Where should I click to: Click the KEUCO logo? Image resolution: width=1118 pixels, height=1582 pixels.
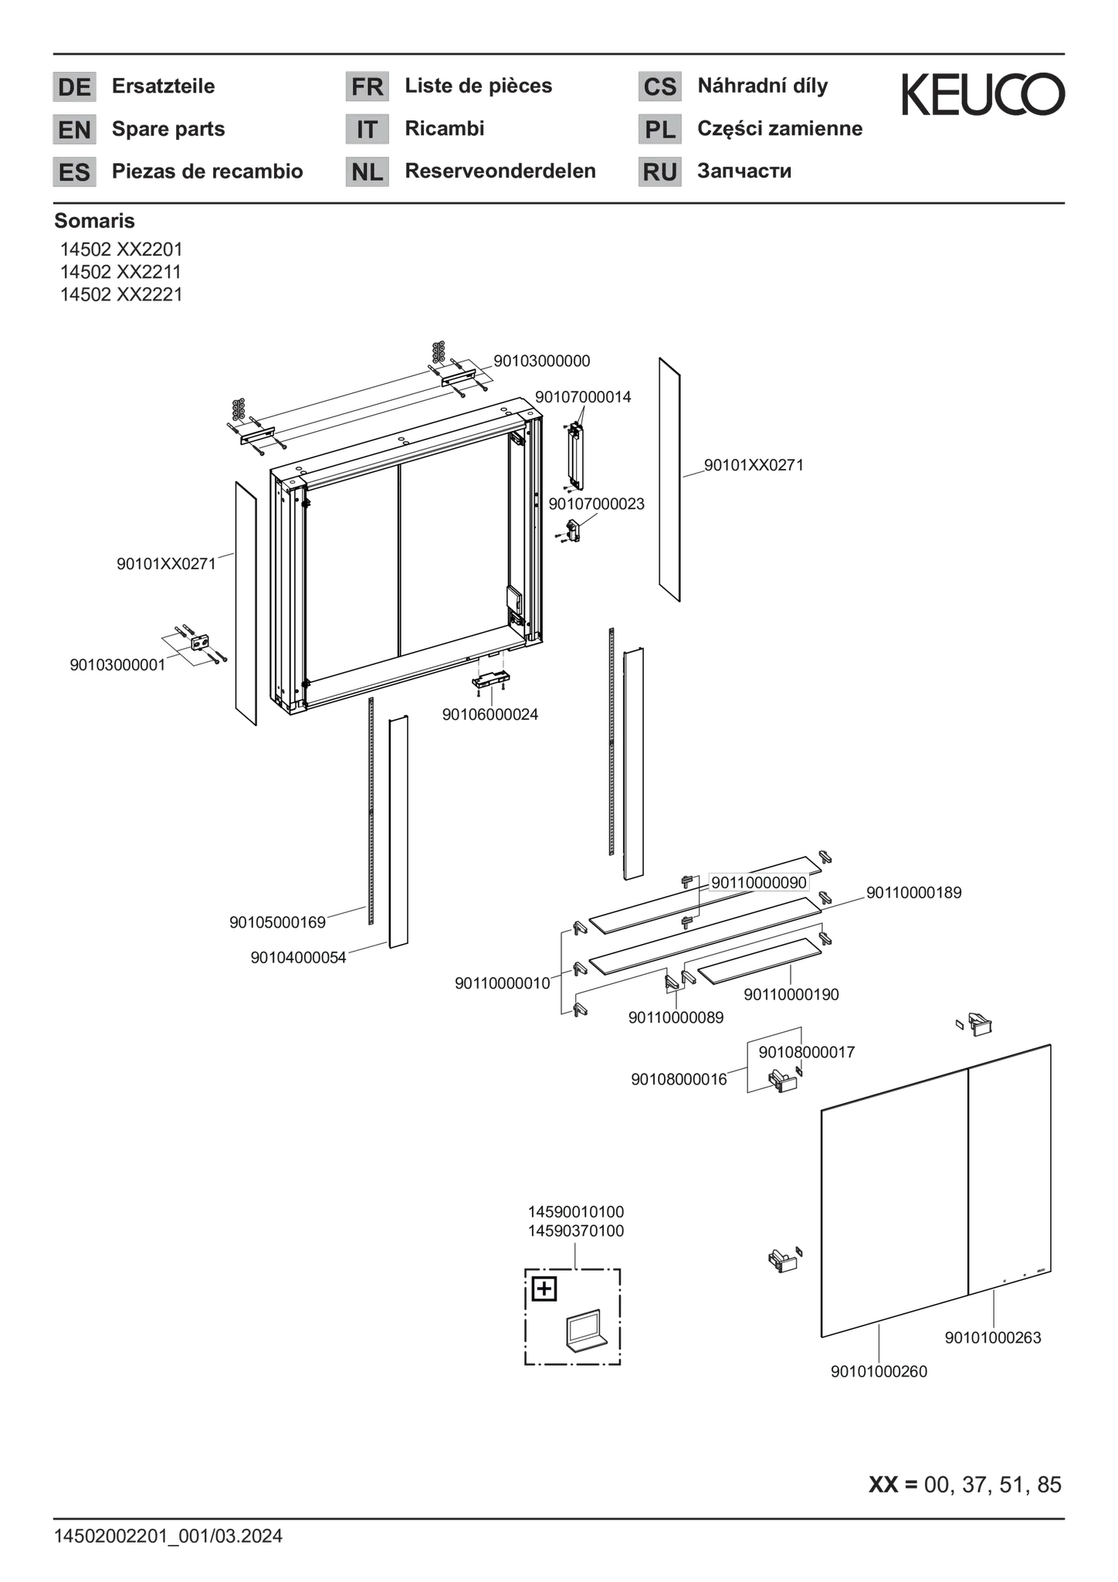(983, 94)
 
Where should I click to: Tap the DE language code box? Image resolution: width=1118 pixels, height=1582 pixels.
(75, 87)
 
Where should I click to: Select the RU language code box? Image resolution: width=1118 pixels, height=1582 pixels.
(660, 171)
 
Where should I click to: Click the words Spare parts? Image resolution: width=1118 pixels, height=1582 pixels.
(168, 128)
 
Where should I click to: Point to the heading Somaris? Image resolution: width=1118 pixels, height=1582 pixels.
(94, 221)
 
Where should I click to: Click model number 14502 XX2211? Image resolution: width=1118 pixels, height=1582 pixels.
(121, 272)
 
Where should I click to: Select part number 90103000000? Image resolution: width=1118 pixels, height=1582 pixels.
(542, 361)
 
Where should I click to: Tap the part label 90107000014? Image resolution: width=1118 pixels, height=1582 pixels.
(583, 397)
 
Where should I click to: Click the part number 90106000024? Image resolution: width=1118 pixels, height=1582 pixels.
(490, 715)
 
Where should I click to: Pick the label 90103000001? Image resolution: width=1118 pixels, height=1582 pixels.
(117, 665)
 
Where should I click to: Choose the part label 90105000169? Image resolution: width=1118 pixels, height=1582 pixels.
(277, 922)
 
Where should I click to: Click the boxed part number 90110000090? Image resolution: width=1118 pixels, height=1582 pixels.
(759, 882)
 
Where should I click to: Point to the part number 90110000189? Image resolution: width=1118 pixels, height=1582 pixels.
(914, 893)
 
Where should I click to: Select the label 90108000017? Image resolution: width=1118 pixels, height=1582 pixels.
(807, 1052)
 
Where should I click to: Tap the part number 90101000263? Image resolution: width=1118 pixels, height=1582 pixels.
(993, 1338)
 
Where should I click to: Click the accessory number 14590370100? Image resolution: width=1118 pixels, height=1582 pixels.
(576, 1231)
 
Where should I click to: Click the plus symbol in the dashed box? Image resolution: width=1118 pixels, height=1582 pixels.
(544, 1289)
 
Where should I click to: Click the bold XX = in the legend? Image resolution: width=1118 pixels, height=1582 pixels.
(893, 1485)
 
